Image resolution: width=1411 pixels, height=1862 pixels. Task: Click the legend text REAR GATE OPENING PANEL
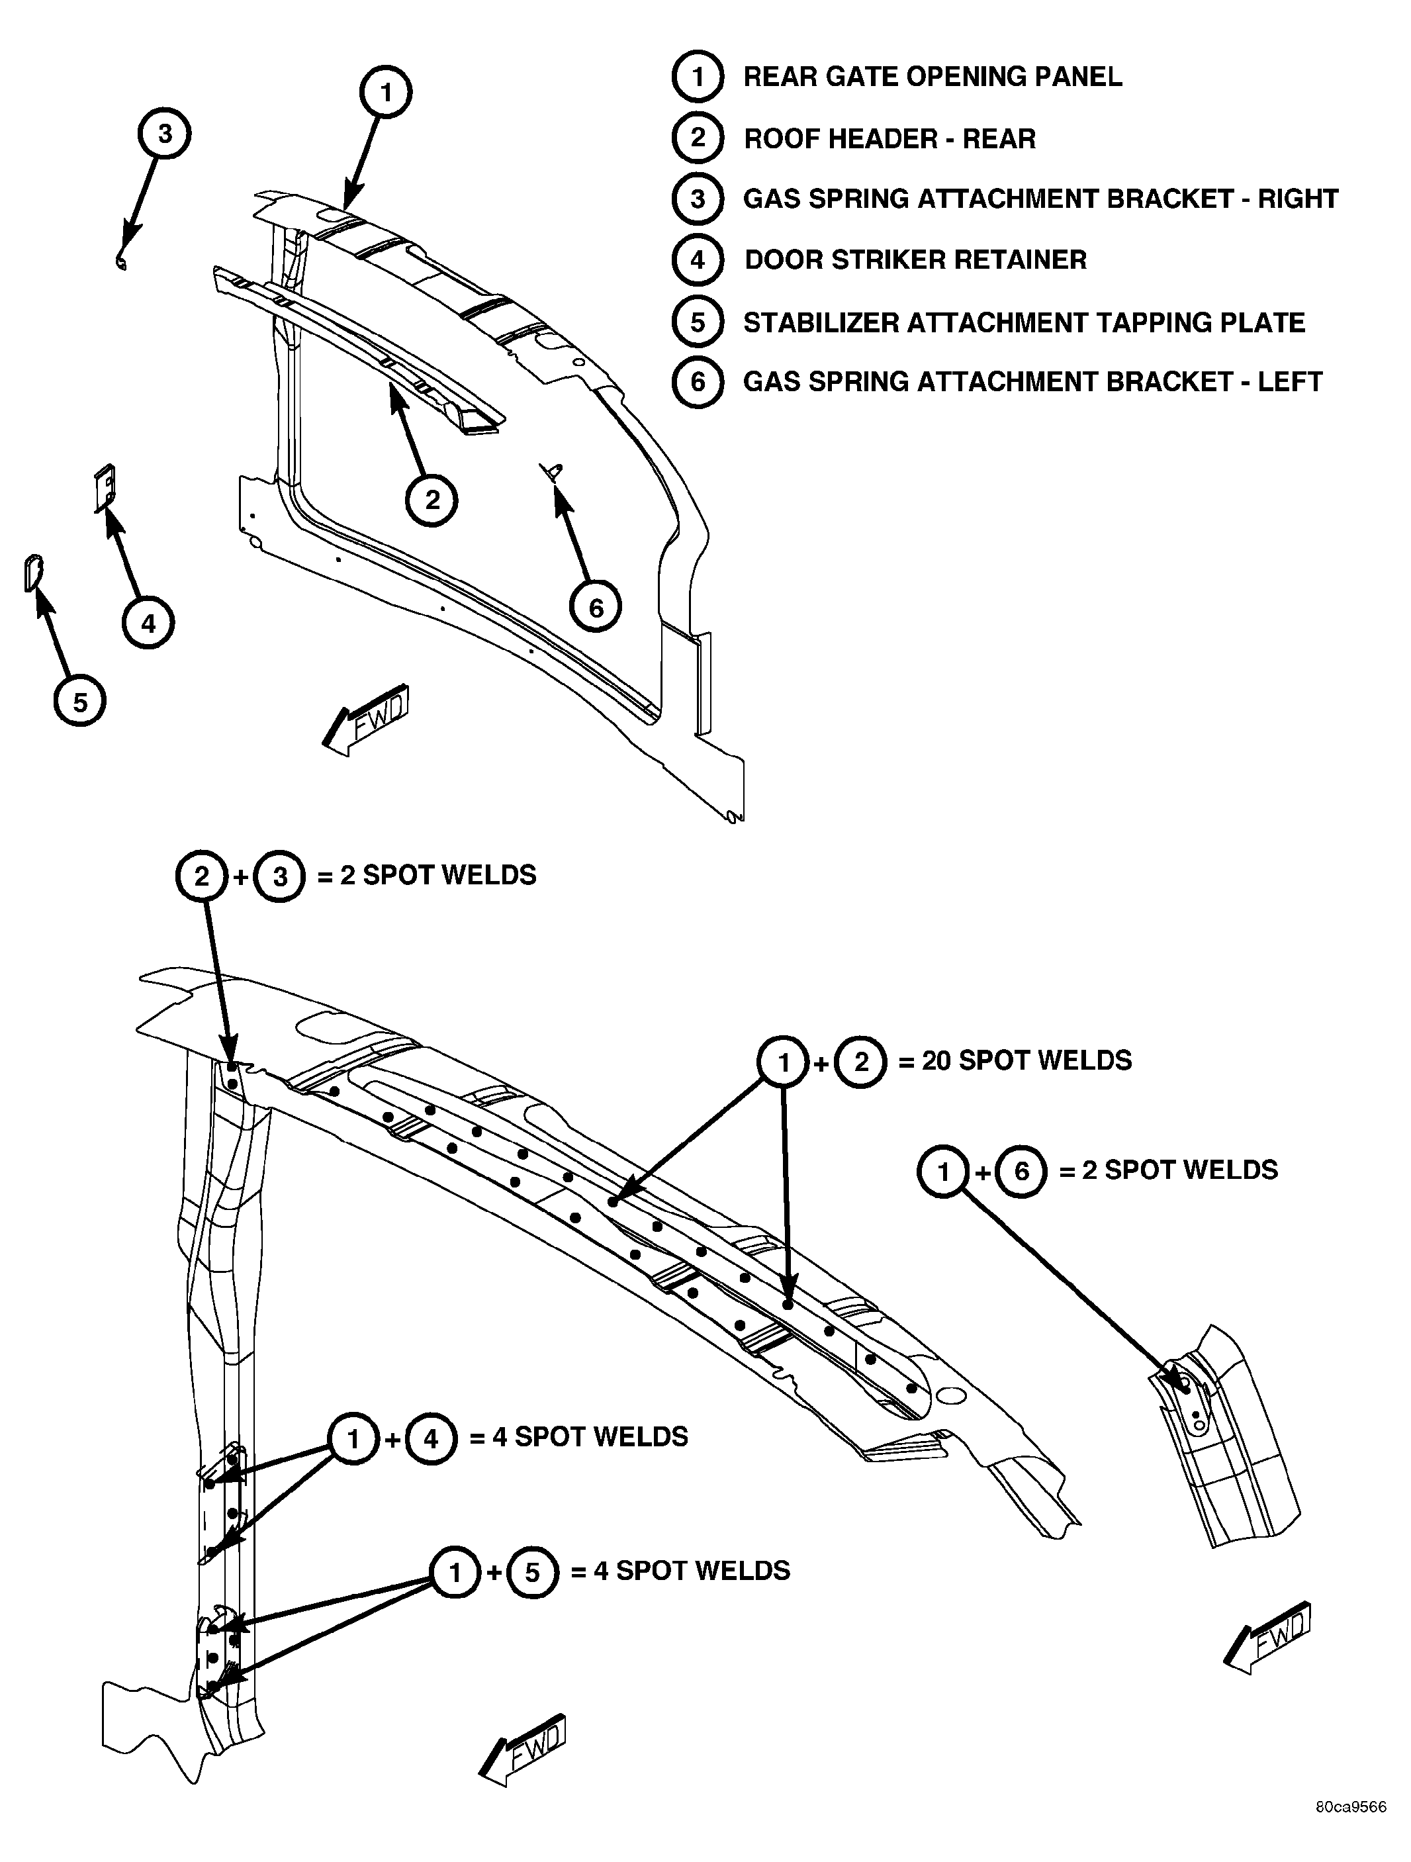pos(932,77)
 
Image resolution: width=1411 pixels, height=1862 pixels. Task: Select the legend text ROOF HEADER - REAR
pos(889,138)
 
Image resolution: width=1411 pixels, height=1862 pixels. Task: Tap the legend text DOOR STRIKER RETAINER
pos(915,259)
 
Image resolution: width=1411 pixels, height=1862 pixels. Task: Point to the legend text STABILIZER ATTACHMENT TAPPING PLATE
pos(1024,322)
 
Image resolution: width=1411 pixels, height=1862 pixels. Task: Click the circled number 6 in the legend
pos(697,382)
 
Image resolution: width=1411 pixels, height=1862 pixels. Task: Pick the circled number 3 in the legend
pos(697,199)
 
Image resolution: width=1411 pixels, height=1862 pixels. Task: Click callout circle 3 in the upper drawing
pos(165,134)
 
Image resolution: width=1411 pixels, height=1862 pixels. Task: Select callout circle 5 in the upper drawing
pos(80,701)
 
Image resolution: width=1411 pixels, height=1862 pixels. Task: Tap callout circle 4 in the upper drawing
pos(148,624)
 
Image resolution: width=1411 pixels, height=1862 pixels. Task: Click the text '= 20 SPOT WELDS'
pos(1015,1060)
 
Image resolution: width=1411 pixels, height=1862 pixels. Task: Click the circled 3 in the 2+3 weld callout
pos(279,877)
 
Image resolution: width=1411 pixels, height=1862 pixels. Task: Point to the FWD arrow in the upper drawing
pos(365,720)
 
